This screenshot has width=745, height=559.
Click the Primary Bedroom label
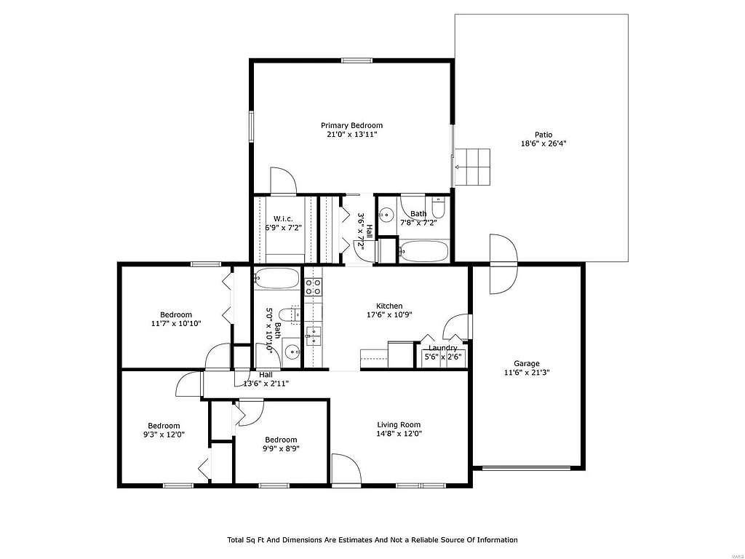pyautogui.click(x=351, y=125)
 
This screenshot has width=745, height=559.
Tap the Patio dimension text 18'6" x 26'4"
pyautogui.click(x=543, y=144)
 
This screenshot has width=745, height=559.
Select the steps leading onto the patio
pyautogui.click(x=471, y=167)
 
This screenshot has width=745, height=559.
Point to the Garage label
pyautogui.click(x=527, y=363)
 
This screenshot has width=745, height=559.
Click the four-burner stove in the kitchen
pyautogui.click(x=313, y=287)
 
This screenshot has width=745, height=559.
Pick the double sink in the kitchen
pyautogui.click(x=314, y=336)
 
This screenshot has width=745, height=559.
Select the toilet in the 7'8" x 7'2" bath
pyautogui.click(x=438, y=207)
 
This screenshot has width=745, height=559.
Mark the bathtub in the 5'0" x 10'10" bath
pyautogui.click(x=277, y=279)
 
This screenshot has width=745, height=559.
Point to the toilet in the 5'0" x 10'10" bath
pyautogui.click(x=288, y=315)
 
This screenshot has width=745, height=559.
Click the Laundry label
pyautogui.click(x=443, y=348)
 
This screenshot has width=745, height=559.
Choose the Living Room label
pyautogui.click(x=399, y=424)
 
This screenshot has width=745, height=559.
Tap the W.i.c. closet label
pyautogui.click(x=283, y=218)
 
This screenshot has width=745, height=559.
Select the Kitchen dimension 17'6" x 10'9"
pyautogui.click(x=389, y=315)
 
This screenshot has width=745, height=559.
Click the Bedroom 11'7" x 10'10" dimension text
pyautogui.click(x=176, y=324)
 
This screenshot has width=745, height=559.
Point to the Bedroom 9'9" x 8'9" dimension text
pyautogui.click(x=281, y=448)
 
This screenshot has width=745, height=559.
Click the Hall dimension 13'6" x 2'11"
pyautogui.click(x=266, y=384)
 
